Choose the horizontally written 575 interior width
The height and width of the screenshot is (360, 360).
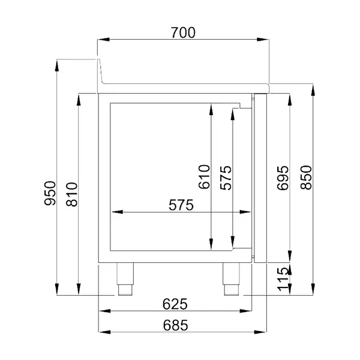coord(180,206)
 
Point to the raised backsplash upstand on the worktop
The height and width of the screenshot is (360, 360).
coord(101,70)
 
